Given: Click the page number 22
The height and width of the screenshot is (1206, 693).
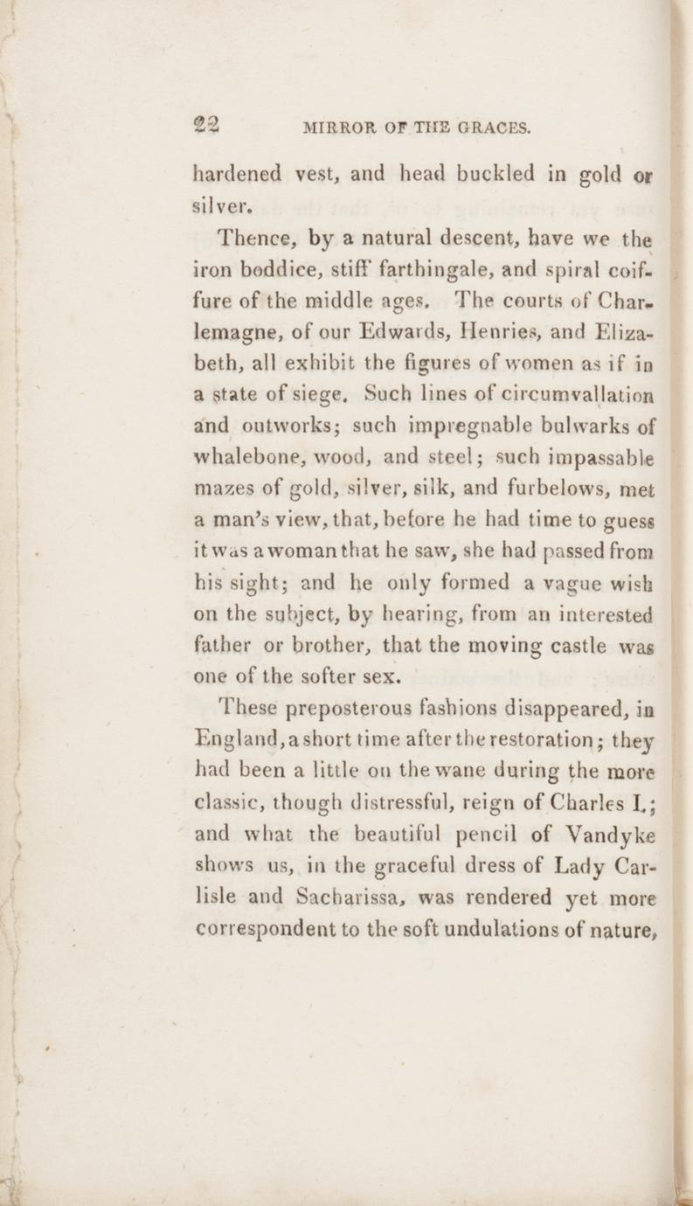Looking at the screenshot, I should tap(208, 126).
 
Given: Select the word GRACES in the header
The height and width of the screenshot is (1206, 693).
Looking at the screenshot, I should tap(490, 129).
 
